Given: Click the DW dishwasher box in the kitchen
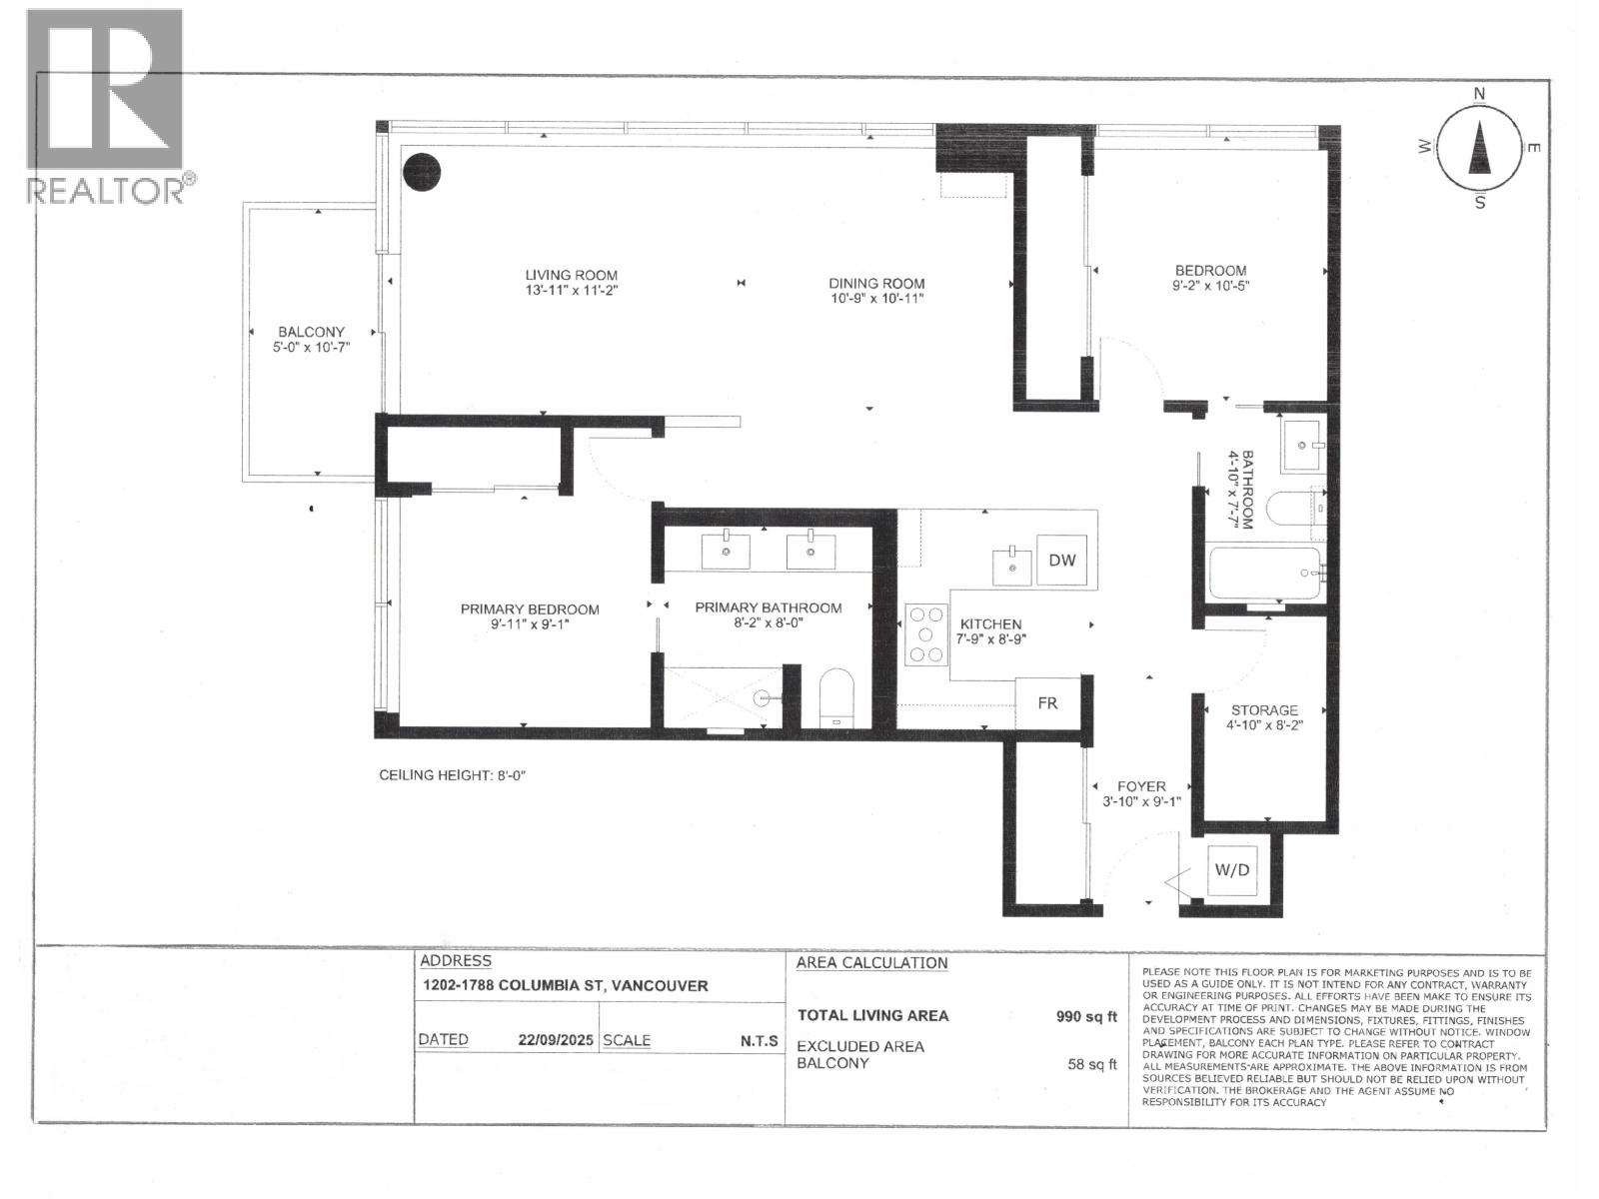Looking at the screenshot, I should (1061, 561).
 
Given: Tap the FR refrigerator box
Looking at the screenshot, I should (1046, 703).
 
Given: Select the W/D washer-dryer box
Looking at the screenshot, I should (1231, 869).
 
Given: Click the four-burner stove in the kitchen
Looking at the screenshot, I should (925, 634).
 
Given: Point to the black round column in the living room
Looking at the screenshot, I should (421, 172).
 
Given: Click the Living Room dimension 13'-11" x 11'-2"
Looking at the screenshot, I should (572, 291).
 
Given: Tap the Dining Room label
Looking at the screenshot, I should (876, 283).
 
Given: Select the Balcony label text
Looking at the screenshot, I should (311, 332).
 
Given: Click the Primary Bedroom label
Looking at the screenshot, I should (530, 608).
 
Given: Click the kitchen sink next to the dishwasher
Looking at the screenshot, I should (1012, 567).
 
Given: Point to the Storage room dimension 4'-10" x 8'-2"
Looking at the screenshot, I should (1265, 726).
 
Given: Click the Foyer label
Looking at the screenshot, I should (1141, 786).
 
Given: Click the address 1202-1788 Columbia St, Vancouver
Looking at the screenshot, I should (565, 985).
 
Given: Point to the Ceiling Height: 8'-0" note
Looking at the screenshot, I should (452, 775).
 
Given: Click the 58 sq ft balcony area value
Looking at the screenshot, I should (1091, 1064).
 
